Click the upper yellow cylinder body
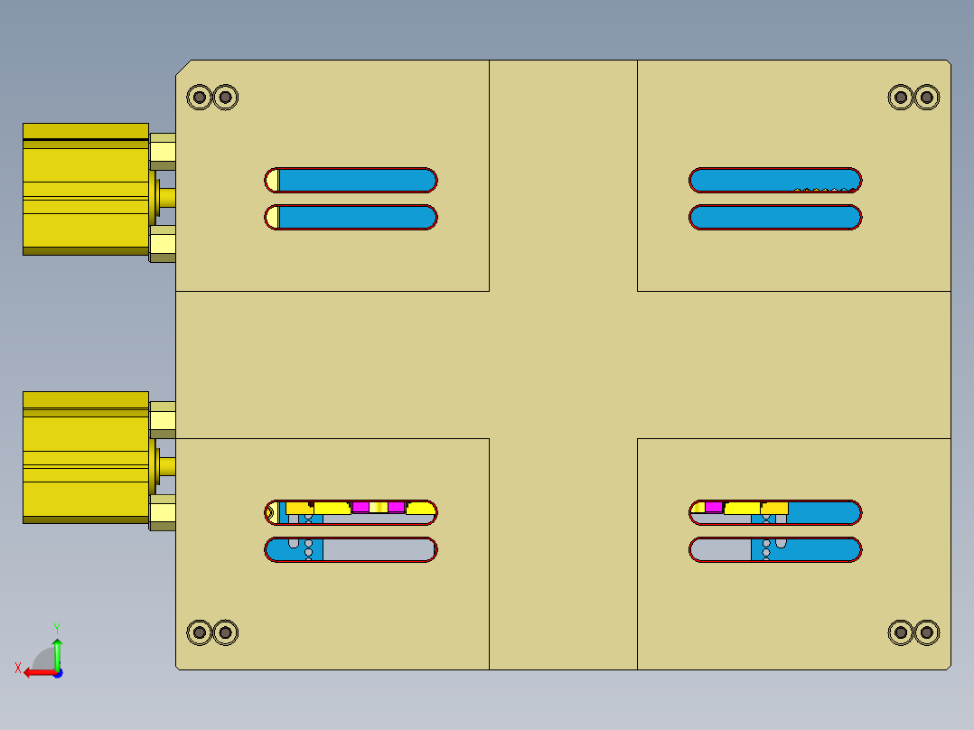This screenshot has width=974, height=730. (85, 190)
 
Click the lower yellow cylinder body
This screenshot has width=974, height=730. (85, 458)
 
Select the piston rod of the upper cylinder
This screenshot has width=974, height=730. (167, 198)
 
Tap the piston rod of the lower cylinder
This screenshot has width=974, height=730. (167, 466)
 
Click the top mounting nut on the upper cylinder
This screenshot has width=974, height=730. (163, 151)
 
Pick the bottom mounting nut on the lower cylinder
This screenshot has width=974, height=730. (163, 512)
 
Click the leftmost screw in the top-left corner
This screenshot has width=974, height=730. (199, 97)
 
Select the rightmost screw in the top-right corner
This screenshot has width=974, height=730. (926, 97)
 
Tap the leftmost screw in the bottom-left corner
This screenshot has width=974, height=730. (199, 632)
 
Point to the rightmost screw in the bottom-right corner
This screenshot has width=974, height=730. (926, 632)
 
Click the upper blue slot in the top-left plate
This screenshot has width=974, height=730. (357, 180)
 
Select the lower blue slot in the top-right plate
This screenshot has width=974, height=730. (775, 218)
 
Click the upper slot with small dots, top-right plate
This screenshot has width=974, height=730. (775, 179)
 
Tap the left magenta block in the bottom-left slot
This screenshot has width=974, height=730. (361, 507)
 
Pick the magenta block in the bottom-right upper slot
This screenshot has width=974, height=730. (714, 507)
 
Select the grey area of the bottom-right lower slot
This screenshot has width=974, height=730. (721, 549)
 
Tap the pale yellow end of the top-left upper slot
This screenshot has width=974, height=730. (272, 180)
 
